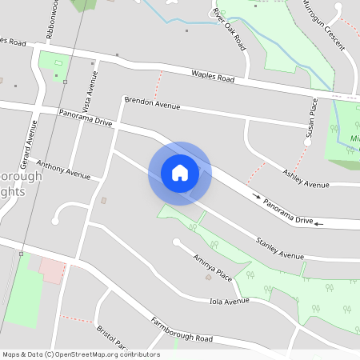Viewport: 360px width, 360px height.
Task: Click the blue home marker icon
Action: click(x=179, y=172)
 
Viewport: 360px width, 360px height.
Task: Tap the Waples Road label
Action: click(x=212, y=77)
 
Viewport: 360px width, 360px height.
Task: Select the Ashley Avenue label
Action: click(x=306, y=178)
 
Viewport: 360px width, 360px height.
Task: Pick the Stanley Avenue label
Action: click(x=280, y=248)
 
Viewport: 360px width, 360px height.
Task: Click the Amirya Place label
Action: click(x=212, y=267)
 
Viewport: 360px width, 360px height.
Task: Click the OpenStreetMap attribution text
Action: click(x=81, y=354)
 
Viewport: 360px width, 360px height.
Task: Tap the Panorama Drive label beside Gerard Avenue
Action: click(x=86, y=118)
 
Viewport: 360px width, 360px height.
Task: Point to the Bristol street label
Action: click(x=112, y=336)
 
